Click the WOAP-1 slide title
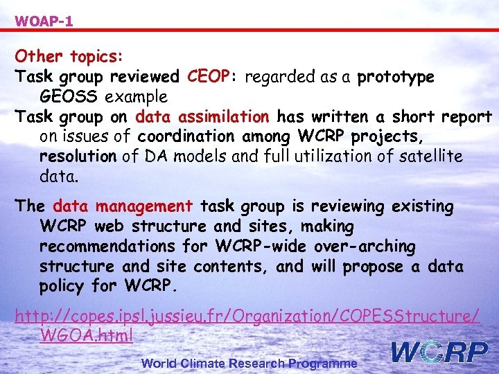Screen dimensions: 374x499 (44, 21)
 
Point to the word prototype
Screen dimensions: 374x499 (396, 77)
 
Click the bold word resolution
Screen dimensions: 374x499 (78, 157)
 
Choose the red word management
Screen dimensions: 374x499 (144, 206)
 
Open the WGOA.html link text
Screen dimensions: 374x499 (87, 336)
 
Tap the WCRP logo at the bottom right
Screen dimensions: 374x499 (439, 353)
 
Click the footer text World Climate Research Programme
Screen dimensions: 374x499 (249, 363)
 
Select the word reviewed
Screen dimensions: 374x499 (145, 76)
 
